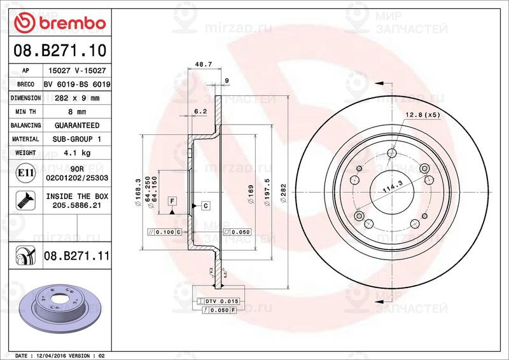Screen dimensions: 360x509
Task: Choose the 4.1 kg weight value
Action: click(x=77, y=153)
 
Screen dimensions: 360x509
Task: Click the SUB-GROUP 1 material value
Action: click(x=77, y=139)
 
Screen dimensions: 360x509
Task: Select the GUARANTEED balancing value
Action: click(x=77, y=125)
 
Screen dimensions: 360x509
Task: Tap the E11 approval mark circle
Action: click(x=25, y=172)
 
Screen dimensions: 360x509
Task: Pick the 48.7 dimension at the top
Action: click(x=203, y=65)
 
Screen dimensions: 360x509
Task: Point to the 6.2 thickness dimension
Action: click(x=200, y=111)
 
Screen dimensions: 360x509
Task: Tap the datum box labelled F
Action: click(x=172, y=201)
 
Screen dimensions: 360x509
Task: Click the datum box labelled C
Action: click(x=206, y=205)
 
